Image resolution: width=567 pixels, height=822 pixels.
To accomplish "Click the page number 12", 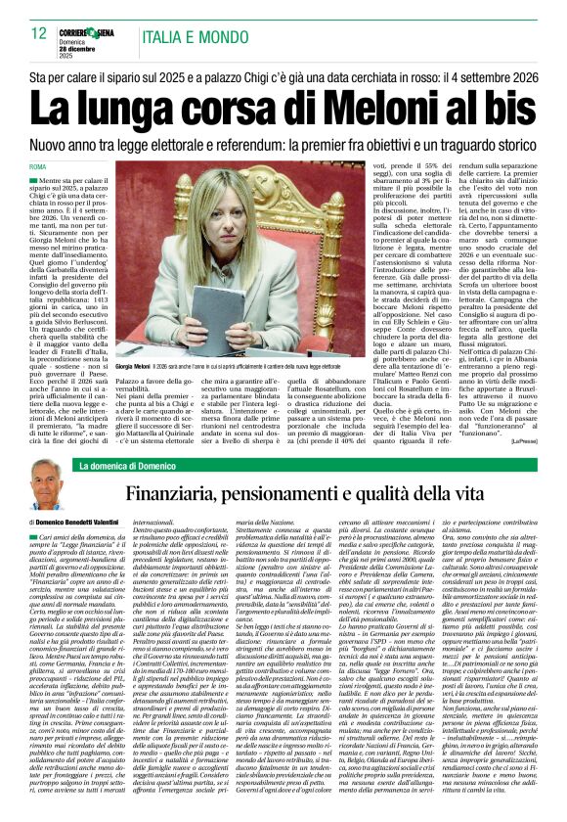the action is tap(39, 33).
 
